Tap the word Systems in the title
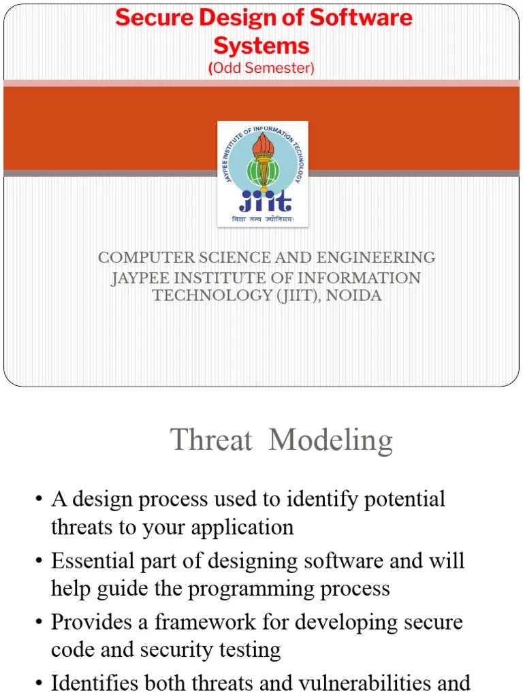point(261,46)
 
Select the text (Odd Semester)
point(261,68)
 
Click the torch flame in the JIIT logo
point(262,144)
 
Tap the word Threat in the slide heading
point(211,440)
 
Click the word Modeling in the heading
point(331,440)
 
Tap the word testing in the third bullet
point(246,649)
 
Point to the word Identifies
point(96,683)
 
